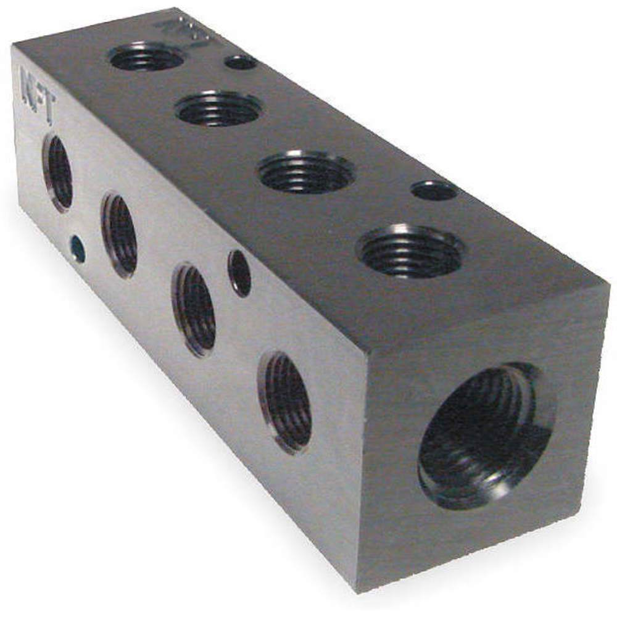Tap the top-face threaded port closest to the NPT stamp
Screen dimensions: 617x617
click(x=147, y=57)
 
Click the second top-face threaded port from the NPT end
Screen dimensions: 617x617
click(x=218, y=109)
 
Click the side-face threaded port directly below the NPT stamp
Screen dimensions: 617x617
click(x=59, y=173)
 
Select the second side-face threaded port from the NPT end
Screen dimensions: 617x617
click(x=120, y=235)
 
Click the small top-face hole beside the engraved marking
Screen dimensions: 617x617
click(x=241, y=62)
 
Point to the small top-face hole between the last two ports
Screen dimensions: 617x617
click(x=434, y=190)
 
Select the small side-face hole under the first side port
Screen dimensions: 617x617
click(x=78, y=248)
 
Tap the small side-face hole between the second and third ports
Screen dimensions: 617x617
click(x=239, y=273)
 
